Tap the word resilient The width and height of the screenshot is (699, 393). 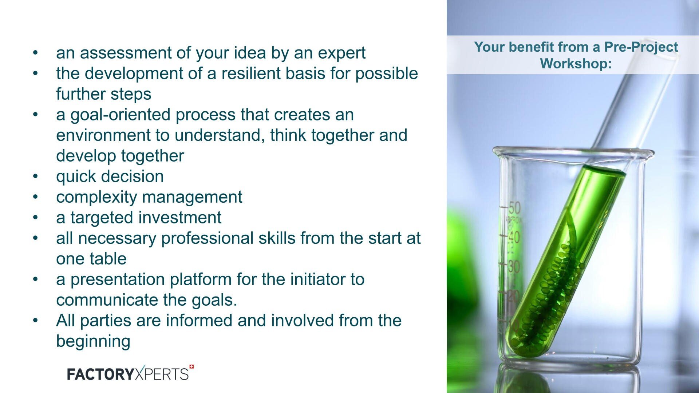(x=251, y=74)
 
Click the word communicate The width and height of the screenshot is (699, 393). (x=107, y=301)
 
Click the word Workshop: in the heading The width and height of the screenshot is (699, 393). (x=576, y=64)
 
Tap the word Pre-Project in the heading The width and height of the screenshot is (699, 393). (x=641, y=47)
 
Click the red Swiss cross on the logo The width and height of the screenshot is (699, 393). (x=191, y=367)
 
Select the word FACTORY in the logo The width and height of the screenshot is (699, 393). (x=100, y=374)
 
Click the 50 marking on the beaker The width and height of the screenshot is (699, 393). (x=514, y=208)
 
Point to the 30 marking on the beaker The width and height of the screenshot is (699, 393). (x=514, y=267)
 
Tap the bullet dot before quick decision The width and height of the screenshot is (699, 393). (x=35, y=177)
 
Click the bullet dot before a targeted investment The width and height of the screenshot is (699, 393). (x=35, y=218)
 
